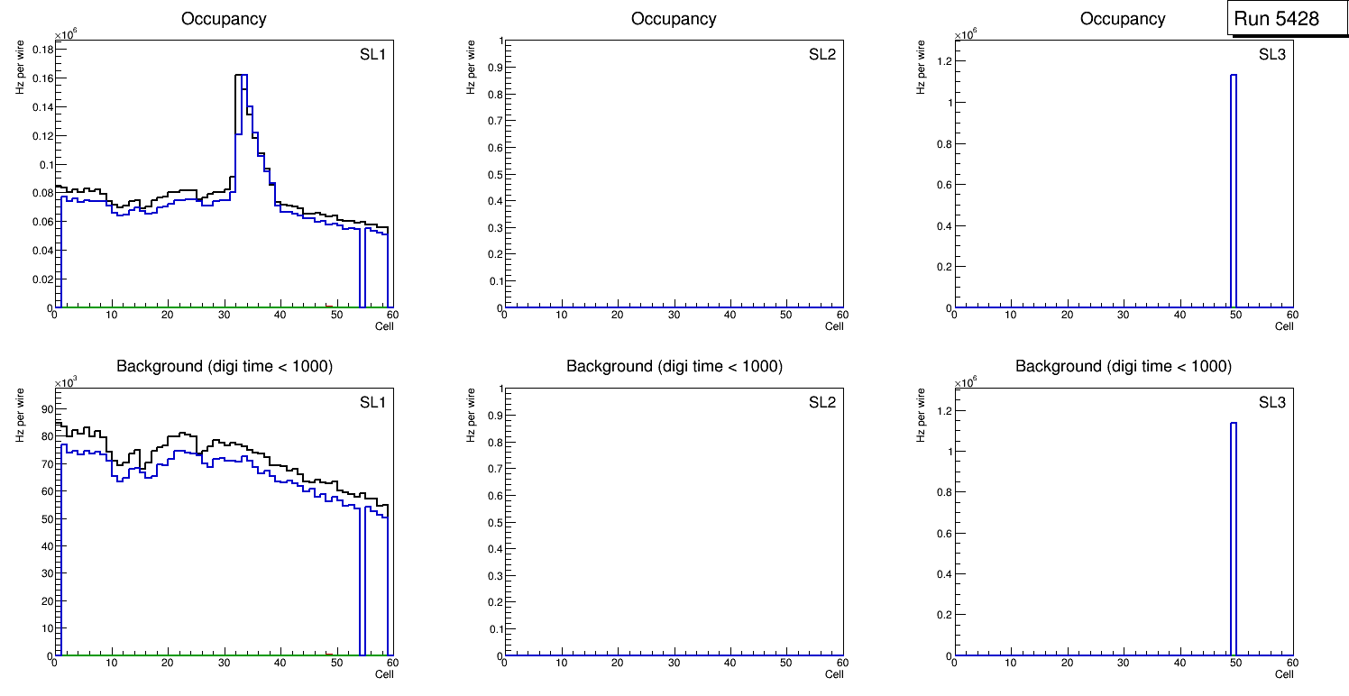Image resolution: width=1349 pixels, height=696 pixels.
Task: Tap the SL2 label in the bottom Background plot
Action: (x=822, y=402)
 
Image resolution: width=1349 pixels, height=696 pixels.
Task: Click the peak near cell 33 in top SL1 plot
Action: (x=242, y=76)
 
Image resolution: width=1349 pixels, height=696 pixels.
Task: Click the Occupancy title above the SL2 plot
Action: (x=674, y=19)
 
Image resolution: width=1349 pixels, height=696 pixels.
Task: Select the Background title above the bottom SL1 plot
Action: (x=225, y=366)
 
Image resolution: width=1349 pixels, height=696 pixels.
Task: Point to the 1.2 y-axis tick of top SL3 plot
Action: (x=943, y=61)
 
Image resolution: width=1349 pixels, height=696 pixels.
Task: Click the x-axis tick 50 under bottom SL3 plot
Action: (x=1235, y=663)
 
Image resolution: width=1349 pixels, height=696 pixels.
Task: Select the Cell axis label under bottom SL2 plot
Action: (x=834, y=674)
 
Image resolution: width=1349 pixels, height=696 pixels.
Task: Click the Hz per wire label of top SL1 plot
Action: (x=20, y=67)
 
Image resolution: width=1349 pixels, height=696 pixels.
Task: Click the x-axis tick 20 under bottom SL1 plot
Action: (x=168, y=663)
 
